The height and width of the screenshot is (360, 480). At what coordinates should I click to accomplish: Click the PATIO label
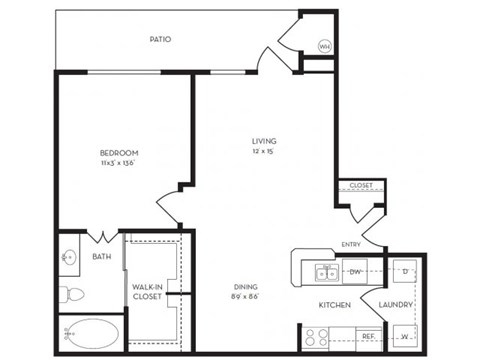pyautogui.click(x=160, y=40)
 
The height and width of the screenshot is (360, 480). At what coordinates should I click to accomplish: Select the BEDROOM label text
pyautogui.click(x=119, y=152)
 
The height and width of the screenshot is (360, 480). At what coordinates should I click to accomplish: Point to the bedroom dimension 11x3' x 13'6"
pyautogui.click(x=119, y=162)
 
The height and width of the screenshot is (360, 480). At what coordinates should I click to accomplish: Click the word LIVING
pyautogui.click(x=264, y=141)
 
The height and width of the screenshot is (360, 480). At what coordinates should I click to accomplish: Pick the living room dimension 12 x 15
pyautogui.click(x=264, y=152)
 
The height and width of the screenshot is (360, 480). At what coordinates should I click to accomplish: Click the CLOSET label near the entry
pyautogui.click(x=360, y=185)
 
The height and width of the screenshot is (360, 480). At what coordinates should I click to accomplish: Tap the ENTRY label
pyautogui.click(x=351, y=245)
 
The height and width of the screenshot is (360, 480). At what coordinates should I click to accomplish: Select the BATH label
pyautogui.click(x=102, y=257)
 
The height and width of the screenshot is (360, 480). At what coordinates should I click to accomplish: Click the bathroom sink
pyautogui.click(x=69, y=257)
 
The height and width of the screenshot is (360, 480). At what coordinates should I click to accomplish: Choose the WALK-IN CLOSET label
pyautogui.click(x=149, y=291)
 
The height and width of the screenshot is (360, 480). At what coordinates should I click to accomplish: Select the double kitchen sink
pyautogui.click(x=325, y=272)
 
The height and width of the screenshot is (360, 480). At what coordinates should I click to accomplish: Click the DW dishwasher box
pyautogui.click(x=355, y=271)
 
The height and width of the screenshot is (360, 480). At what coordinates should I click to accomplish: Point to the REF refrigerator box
pyautogui.click(x=367, y=336)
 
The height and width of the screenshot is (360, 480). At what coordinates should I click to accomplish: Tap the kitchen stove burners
pyautogui.click(x=318, y=337)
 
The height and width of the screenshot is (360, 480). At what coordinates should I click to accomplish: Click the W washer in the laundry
pyautogui.click(x=404, y=336)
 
